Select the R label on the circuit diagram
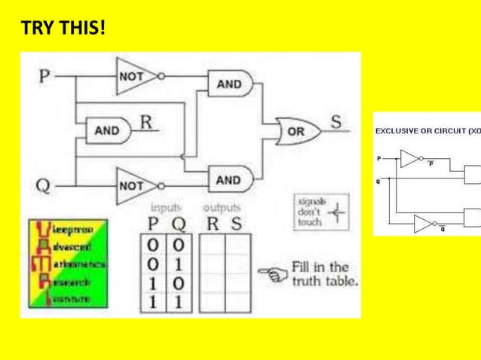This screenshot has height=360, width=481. (x=146, y=121)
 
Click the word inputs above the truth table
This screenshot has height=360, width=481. (x=166, y=206)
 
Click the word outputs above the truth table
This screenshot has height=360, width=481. (x=222, y=206)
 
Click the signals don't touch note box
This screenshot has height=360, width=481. (x=320, y=212)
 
